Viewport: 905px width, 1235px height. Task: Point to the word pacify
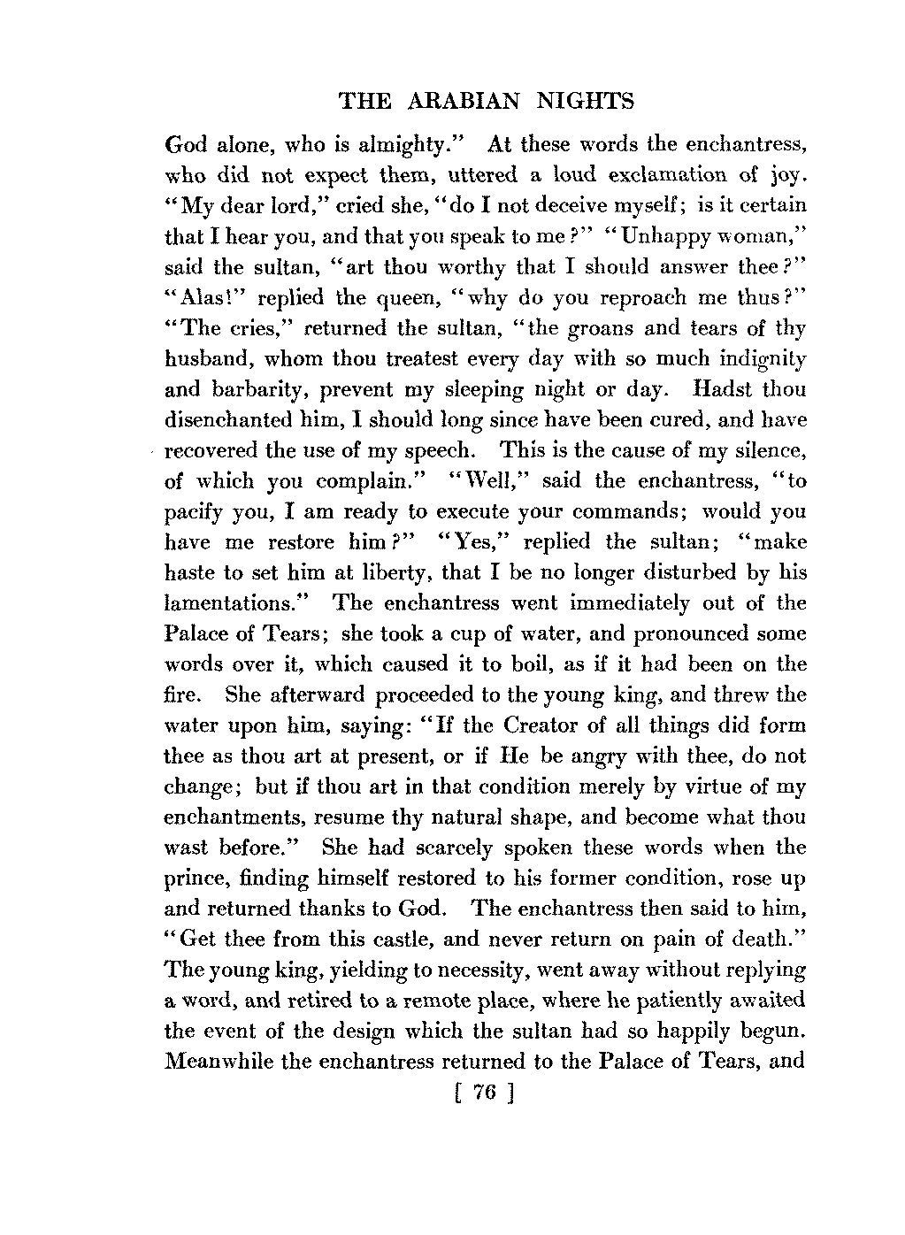pyautogui.click(x=195, y=512)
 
